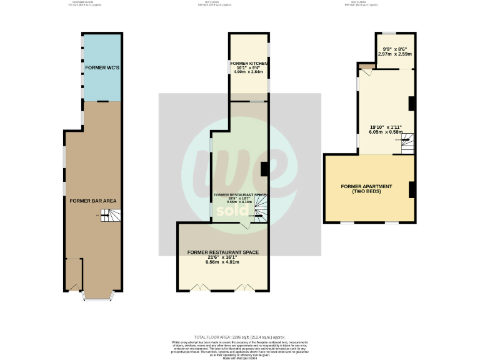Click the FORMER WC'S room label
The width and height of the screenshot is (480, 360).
coord(95,67)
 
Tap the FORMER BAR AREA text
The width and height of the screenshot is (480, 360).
coord(93,201)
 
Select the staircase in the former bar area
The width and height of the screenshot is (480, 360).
coord(110,216)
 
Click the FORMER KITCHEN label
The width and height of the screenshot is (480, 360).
coord(249,64)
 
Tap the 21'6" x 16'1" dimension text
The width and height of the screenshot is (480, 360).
coord(222,257)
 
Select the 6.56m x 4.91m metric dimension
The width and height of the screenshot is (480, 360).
coord(222,262)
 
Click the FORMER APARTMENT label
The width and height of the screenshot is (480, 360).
coord(366,187)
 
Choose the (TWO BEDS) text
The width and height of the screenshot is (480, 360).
coord(366,192)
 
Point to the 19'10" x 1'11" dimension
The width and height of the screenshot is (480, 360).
coord(386,127)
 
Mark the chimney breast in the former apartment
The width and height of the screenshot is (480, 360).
coord(412,189)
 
